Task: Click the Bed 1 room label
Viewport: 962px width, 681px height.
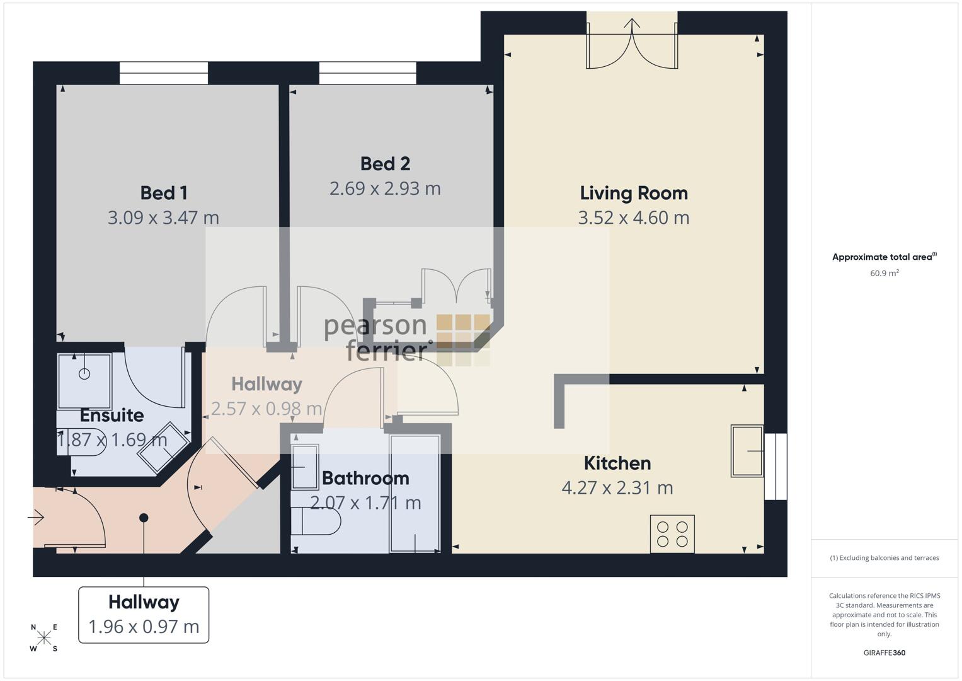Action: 164,193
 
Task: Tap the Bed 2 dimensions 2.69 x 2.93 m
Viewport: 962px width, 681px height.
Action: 385,189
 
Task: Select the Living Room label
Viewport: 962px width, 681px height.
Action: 634,194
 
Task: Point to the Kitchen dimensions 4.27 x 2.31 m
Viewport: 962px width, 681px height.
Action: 617,488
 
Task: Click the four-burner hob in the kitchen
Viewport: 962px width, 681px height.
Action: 672,533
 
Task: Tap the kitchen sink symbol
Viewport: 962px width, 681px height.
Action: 747,451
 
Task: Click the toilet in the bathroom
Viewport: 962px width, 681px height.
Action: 316,521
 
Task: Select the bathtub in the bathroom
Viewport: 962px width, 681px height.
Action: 415,494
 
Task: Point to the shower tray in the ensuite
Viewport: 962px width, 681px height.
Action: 84,381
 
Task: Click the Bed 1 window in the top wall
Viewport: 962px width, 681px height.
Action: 164,73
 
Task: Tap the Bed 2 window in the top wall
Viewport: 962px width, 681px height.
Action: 368,73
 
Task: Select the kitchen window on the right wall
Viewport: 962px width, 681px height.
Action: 776,467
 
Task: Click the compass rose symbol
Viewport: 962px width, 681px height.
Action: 44,637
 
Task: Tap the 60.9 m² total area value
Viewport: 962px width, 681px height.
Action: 885,273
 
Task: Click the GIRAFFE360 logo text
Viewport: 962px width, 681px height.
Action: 885,653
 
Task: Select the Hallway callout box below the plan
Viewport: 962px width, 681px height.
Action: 144,615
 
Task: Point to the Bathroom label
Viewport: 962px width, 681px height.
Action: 365,479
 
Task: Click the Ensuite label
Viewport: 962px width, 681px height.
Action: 112,416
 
